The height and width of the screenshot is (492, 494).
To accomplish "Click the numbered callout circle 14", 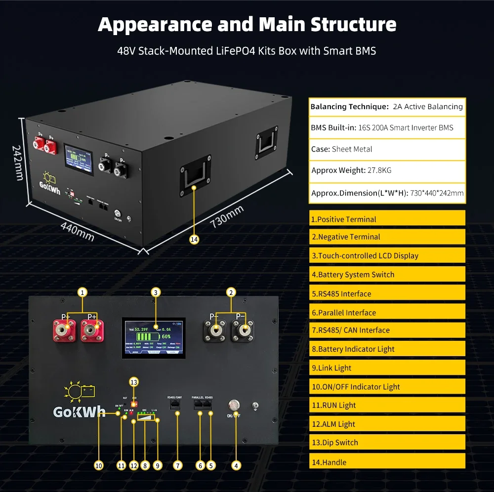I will point(194,239).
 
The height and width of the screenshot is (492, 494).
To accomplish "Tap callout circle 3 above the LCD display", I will point(156,292).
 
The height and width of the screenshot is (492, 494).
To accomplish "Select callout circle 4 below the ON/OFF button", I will point(236,465).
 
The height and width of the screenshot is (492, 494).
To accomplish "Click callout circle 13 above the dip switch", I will point(133,382).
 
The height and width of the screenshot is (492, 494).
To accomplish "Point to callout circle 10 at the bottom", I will point(98,465).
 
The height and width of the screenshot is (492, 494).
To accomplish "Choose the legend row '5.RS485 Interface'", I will point(387,293).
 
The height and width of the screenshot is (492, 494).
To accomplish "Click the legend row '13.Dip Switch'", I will point(387,443).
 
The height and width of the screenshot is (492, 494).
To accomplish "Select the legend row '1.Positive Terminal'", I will point(387,219).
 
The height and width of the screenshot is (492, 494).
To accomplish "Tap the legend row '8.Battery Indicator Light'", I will point(387,349).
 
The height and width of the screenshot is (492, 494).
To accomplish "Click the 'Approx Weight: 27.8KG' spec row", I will point(387,170).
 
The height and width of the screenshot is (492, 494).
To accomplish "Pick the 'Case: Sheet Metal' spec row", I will point(387,149).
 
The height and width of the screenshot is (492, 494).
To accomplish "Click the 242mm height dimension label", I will point(18,162).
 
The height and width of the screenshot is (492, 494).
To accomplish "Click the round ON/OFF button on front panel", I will point(233,405).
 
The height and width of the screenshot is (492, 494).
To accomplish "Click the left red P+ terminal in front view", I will point(65,329).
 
